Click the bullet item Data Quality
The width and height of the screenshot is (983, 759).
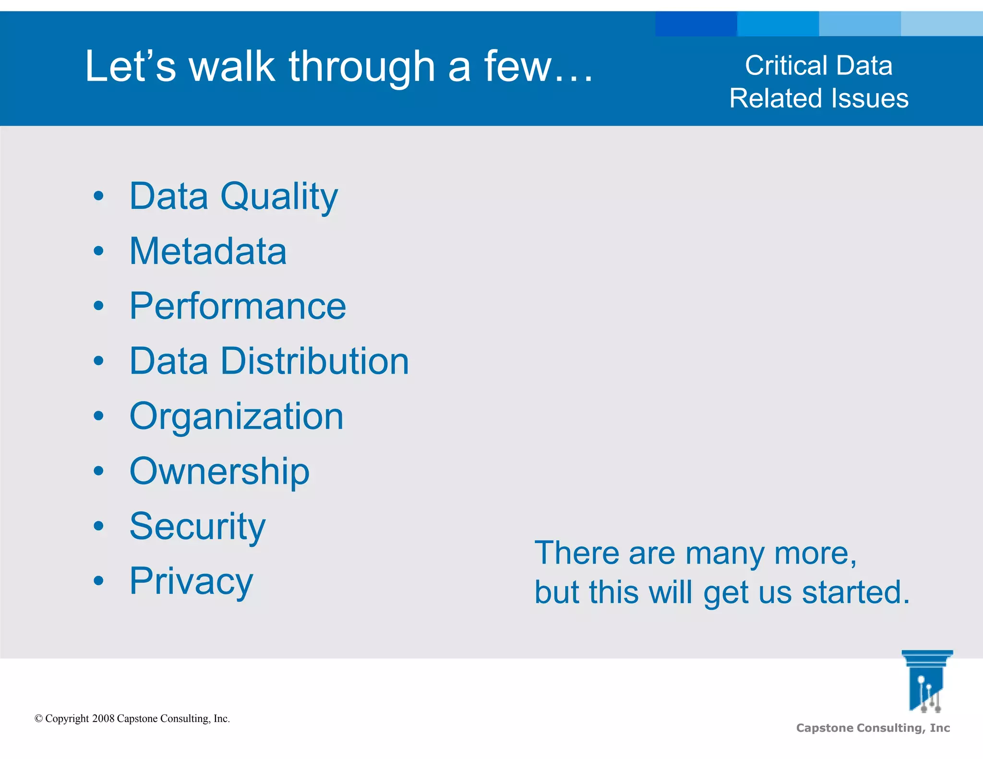click(233, 196)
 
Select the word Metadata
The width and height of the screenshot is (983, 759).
click(208, 251)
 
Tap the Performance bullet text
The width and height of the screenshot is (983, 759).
click(238, 306)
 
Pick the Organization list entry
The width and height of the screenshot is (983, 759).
click(236, 416)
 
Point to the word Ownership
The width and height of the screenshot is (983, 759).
click(219, 471)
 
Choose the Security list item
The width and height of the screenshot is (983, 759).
click(197, 526)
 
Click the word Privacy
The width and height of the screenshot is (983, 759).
click(191, 581)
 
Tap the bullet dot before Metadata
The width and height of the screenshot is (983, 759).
click(98, 251)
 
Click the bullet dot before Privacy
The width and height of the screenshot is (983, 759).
click(98, 581)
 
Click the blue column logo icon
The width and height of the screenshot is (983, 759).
click(927, 681)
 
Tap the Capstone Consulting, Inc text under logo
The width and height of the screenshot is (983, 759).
click(873, 728)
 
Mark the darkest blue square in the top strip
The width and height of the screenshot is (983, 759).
click(696, 24)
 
